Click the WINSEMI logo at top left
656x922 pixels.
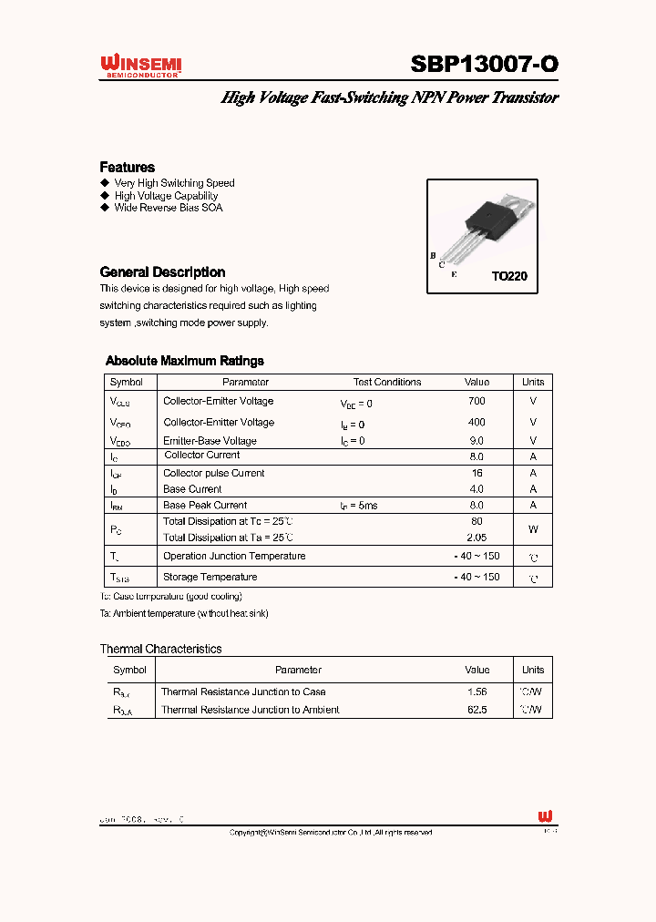(x=141, y=66)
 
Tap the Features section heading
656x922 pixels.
(x=127, y=167)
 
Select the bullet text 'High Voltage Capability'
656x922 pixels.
(x=166, y=195)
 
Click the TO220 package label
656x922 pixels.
(x=509, y=276)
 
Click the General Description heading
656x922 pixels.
(x=162, y=271)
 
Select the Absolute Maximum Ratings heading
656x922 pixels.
(x=185, y=361)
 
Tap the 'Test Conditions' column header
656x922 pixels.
(x=387, y=382)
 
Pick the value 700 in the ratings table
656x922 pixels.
(x=476, y=401)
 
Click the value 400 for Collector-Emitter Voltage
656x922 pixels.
(x=476, y=422)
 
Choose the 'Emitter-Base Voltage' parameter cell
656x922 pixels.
(x=210, y=441)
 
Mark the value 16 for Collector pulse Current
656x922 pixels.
(x=477, y=473)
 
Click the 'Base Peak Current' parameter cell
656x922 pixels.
(x=205, y=505)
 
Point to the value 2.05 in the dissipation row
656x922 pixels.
(x=476, y=538)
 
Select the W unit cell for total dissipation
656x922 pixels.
(x=533, y=528)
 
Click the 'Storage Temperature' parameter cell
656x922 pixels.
(x=210, y=577)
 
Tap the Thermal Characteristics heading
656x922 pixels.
(x=160, y=649)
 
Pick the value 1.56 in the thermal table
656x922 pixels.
(x=477, y=691)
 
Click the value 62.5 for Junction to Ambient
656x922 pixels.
(x=477, y=710)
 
